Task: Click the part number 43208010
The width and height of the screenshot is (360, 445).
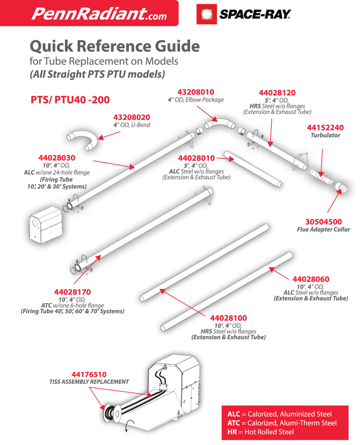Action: [196, 92]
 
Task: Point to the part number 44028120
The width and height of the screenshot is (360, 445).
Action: [277, 93]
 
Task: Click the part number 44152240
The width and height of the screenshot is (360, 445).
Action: [325, 127]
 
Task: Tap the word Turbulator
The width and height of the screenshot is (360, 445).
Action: [325, 135]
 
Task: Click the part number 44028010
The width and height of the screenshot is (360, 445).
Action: [196, 158]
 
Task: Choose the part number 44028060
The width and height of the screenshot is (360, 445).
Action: [311, 279]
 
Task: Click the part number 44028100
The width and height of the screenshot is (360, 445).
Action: [228, 318]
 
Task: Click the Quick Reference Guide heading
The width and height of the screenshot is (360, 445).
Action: [114, 46]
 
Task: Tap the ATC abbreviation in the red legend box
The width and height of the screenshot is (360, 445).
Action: [234, 423]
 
